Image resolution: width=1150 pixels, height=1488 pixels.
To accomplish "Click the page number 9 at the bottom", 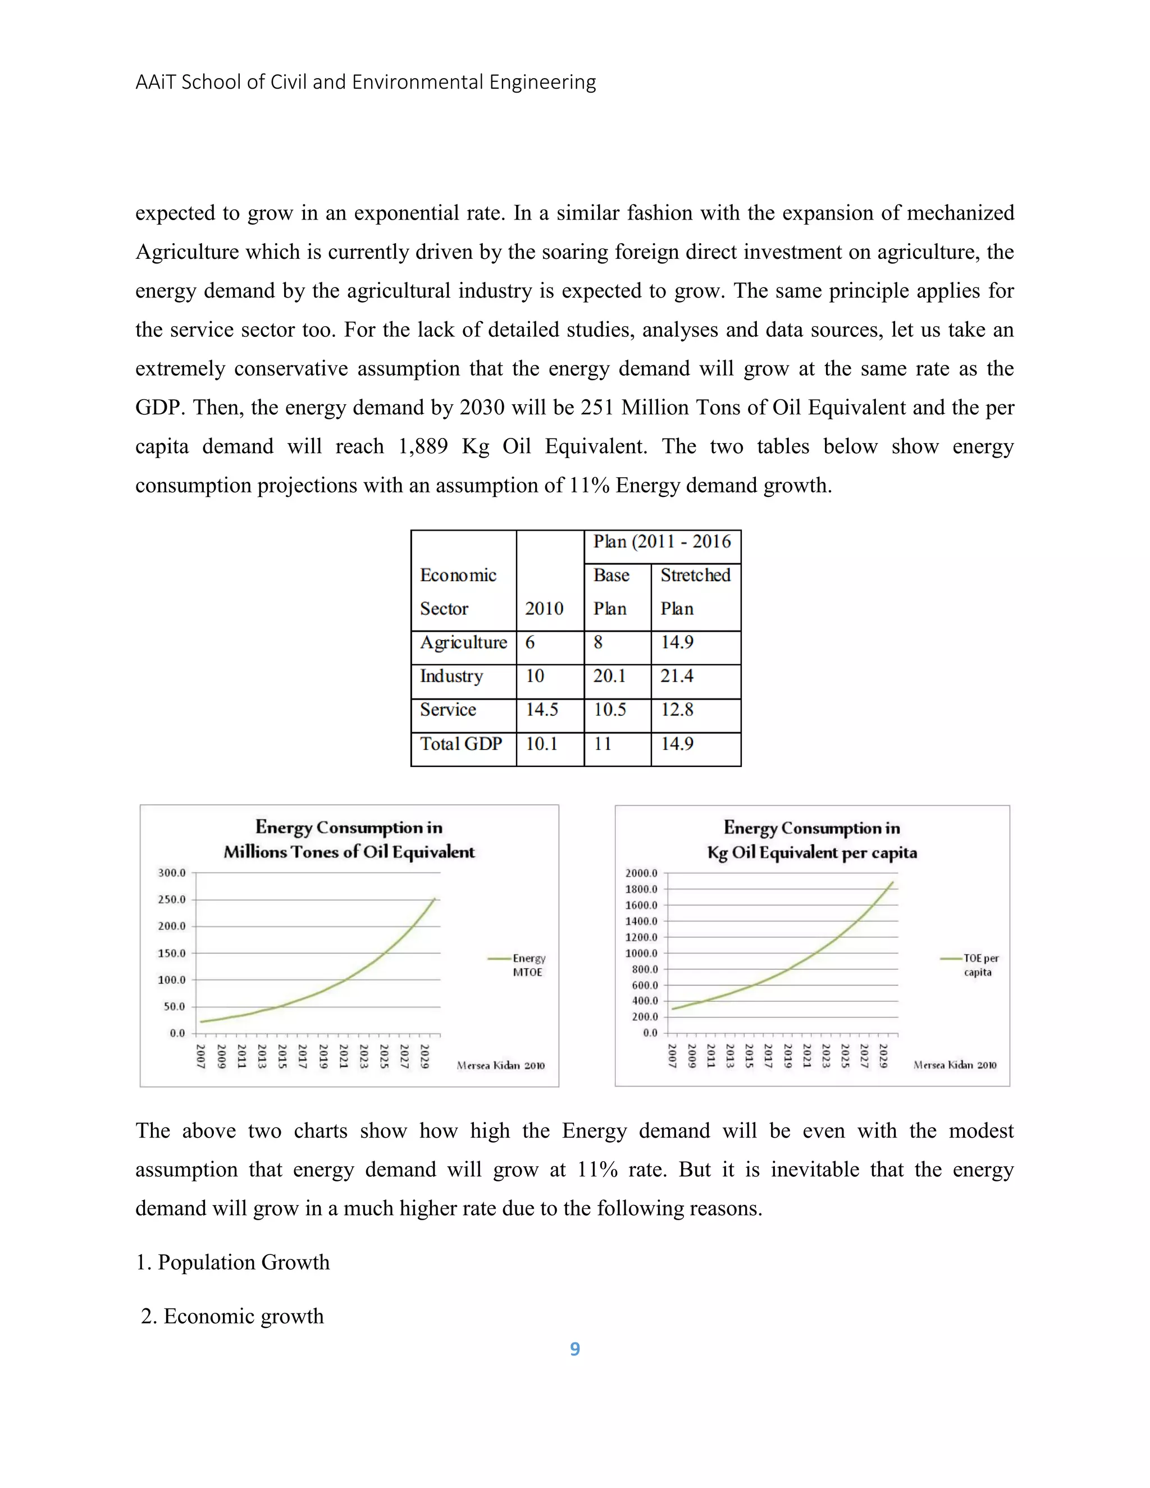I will (x=574, y=1348).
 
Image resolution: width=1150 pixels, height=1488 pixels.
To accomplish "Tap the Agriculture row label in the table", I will (x=463, y=642).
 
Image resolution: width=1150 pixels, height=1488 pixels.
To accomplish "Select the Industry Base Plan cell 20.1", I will (x=609, y=676).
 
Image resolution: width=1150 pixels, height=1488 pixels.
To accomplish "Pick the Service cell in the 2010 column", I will (x=542, y=710).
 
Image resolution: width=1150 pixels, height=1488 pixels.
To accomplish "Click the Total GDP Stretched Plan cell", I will (x=677, y=743).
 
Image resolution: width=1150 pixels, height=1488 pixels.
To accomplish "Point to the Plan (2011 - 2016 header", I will (x=661, y=542).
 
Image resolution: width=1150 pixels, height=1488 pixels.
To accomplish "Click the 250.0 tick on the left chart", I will (x=172, y=900).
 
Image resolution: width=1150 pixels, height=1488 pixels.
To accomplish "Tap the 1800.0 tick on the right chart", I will (x=641, y=889).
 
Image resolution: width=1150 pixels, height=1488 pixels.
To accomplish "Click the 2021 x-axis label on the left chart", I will (x=343, y=1056).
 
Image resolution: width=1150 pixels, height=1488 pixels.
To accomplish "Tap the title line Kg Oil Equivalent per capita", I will (x=811, y=853).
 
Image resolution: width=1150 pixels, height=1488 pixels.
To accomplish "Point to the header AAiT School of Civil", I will (x=365, y=83).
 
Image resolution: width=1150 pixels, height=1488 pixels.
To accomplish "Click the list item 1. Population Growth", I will (x=232, y=1262).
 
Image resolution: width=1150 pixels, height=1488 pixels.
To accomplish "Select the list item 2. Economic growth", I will (x=232, y=1316).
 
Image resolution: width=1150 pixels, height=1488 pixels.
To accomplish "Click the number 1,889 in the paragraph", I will (x=422, y=446).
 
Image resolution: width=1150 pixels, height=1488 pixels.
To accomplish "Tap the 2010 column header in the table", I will (x=544, y=609).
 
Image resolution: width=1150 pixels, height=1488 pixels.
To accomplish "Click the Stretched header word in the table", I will (x=695, y=575).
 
